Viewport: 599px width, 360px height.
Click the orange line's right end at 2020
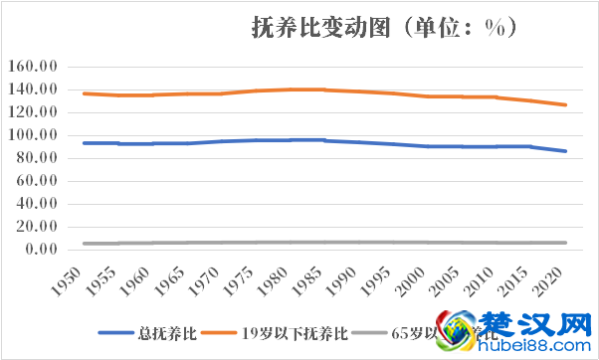(x=566, y=104)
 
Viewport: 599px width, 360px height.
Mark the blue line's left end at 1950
(x=84, y=143)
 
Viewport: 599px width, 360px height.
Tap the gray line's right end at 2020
(x=566, y=243)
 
